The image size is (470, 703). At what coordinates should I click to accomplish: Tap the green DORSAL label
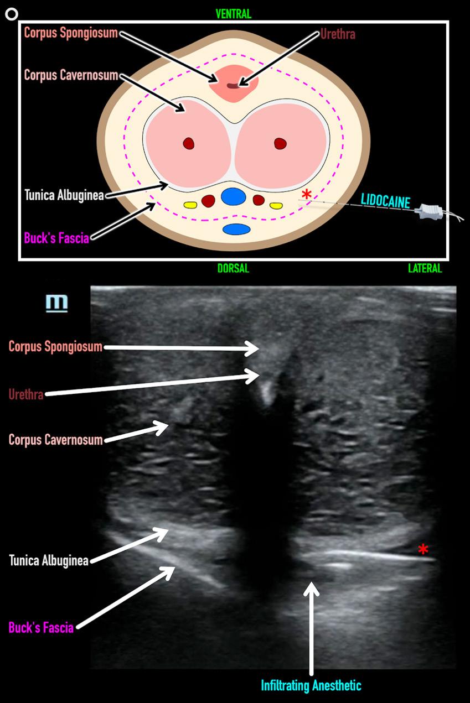click(x=233, y=269)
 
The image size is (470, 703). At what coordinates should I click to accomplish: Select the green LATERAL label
click(x=425, y=269)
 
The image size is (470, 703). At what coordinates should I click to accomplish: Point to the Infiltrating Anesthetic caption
click(x=312, y=686)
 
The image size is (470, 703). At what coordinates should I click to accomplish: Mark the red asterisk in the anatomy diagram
click(x=306, y=194)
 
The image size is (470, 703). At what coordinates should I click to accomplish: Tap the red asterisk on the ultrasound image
click(x=423, y=549)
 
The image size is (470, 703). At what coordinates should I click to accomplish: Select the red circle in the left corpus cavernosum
click(x=189, y=144)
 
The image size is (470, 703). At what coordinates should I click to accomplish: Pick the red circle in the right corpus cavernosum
click(x=280, y=144)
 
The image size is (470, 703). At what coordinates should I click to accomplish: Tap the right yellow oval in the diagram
click(x=276, y=205)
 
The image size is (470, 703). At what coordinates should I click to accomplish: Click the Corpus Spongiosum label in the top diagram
click(x=71, y=33)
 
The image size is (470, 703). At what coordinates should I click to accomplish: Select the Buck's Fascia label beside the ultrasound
click(x=41, y=627)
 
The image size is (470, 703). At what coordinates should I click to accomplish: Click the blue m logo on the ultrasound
click(x=58, y=303)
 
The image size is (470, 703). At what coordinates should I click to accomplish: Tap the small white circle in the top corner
click(x=11, y=14)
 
